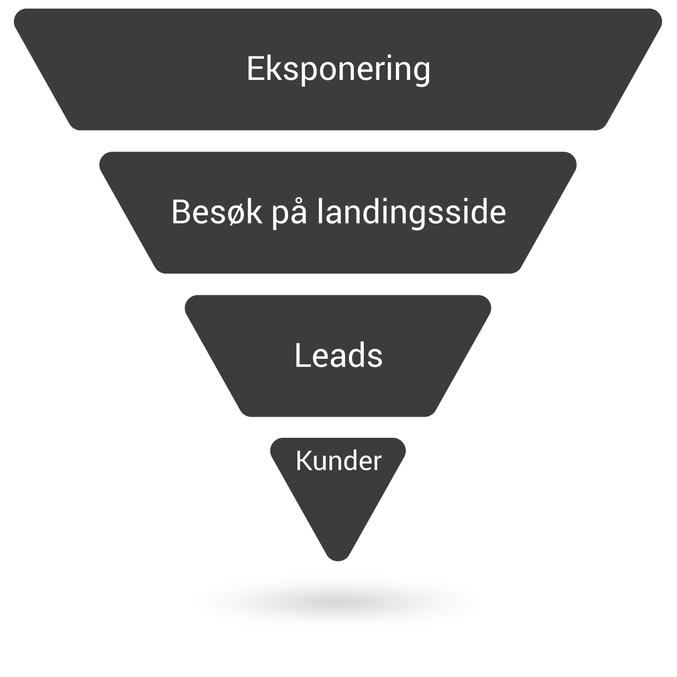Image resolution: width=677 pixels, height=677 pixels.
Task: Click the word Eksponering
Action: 338,70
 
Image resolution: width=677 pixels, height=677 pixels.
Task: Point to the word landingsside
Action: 411,212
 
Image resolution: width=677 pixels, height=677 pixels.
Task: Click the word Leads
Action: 338,355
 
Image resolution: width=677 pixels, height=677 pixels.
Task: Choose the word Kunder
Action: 338,461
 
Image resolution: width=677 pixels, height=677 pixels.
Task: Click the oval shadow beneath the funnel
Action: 338,602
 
